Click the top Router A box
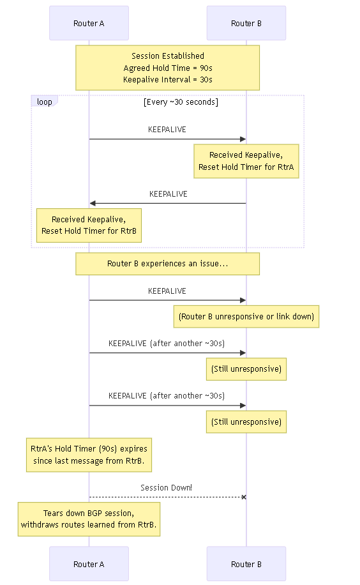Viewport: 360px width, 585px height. (89, 23)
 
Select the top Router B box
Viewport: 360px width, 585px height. (246, 23)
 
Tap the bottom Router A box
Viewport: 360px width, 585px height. (89, 564)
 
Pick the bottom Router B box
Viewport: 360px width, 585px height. (246, 564)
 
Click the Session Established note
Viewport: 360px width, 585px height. (167, 68)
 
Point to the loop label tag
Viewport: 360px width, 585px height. (45, 102)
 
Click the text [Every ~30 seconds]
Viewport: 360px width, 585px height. (181, 102)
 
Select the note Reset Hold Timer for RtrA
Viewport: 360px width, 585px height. (246, 161)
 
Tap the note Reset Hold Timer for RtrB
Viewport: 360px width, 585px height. (89, 225)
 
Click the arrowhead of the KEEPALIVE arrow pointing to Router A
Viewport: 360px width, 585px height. (93, 203)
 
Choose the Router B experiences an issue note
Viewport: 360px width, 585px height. (167, 264)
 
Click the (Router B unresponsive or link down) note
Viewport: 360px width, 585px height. (246, 316)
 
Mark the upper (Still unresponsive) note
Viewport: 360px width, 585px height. (246, 369)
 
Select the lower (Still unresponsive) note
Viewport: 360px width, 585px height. (246, 422)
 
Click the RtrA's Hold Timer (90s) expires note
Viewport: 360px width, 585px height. (89, 455)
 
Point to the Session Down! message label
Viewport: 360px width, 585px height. (167, 488)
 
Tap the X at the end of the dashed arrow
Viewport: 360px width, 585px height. (244, 497)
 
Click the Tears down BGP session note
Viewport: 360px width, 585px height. (89, 519)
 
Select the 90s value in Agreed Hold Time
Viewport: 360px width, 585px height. (206, 68)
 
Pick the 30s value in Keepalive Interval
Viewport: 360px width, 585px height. (206, 79)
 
